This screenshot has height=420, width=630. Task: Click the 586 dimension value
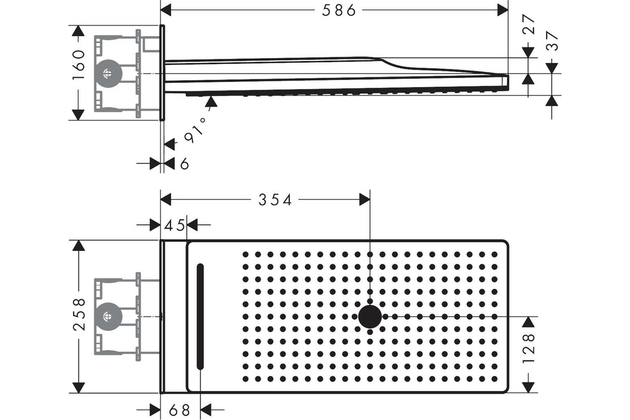click(x=339, y=10)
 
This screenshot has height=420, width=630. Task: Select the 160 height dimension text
click(x=78, y=65)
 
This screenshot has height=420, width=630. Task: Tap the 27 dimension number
click(x=529, y=24)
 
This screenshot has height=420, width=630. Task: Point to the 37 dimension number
click(x=552, y=41)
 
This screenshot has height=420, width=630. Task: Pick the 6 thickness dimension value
click(x=184, y=164)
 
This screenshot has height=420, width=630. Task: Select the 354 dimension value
click(x=275, y=200)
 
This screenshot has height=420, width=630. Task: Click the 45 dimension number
click(x=174, y=225)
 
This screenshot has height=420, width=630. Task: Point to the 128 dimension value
click(x=529, y=349)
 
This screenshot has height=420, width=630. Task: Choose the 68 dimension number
click(x=179, y=410)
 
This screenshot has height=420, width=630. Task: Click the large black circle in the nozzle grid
click(x=370, y=317)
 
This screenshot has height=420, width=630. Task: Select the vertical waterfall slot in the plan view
click(x=200, y=316)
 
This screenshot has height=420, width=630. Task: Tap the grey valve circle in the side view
click(x=108, y=73)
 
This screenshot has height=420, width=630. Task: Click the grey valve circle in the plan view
click(x=108, y=317)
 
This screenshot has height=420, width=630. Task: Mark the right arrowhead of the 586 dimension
click(x=503, y=10)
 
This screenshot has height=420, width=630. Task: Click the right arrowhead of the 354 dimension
click(x=365, y=199)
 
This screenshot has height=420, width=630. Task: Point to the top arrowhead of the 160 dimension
click(x=78, y=31)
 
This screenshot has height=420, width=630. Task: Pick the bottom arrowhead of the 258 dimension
click(x=79, y=387)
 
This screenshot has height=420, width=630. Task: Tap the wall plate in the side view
click(x=162, y=73)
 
